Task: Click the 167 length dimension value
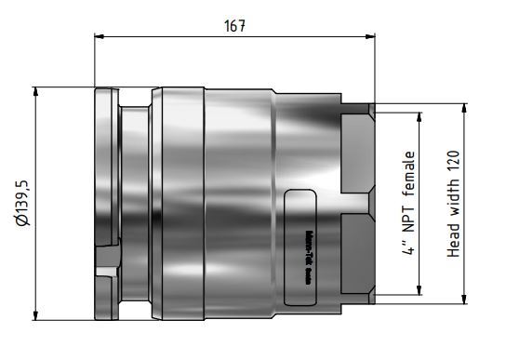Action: [234, 26]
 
